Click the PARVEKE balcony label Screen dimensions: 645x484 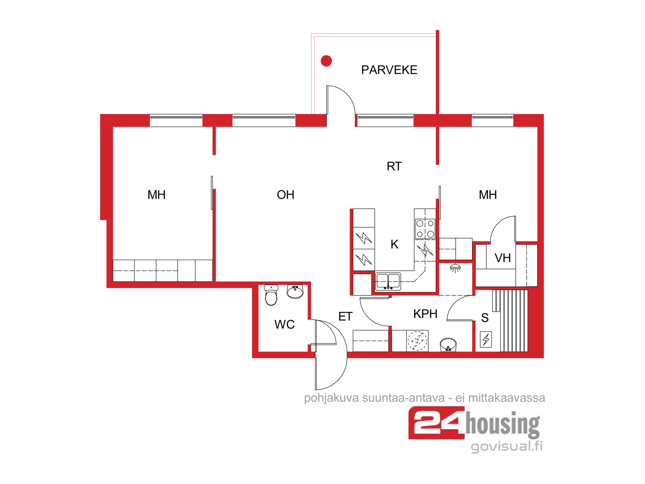[389, 70]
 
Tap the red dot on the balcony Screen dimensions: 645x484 [326, 61]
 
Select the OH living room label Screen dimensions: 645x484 [285, 195]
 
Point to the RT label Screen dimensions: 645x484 [394, 166]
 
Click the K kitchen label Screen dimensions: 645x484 [394, 244]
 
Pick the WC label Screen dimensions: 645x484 [284, 325]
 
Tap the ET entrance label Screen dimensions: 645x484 [345, 317]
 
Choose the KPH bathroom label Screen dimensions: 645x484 [425, 314]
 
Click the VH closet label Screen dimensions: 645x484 [503, 258]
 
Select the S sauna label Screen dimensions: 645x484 [485, 318]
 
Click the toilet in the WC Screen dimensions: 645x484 [271, 295]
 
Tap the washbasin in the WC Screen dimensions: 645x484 [295, 292]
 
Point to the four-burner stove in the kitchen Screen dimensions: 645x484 [425, 229]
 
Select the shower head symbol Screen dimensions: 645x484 [455, 268]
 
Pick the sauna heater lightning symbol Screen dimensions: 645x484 [486, 339]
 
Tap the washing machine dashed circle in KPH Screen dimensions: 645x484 [417, 341]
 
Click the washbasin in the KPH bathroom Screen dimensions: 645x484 [448, 345]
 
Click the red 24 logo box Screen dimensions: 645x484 [437, 423]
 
